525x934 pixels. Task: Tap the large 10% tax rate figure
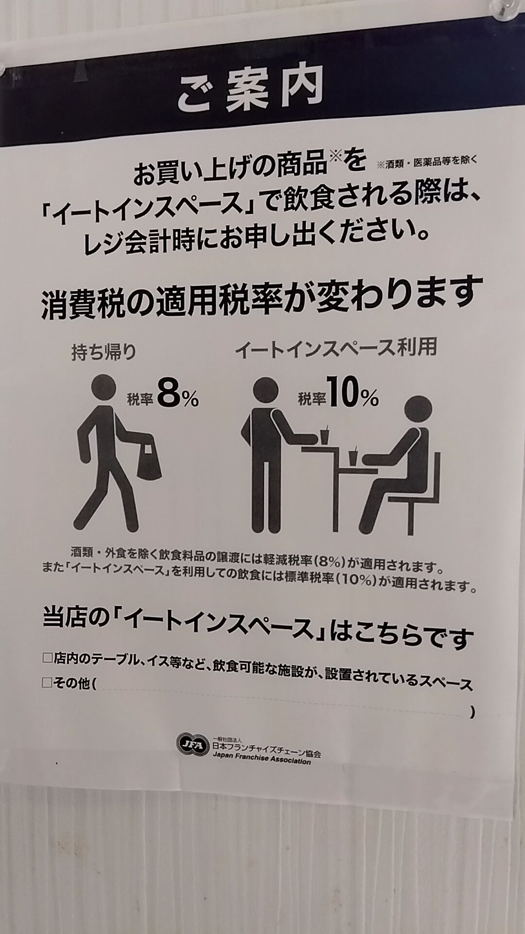(x=353, y=397)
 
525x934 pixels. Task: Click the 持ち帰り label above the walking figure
(x=103, y=352)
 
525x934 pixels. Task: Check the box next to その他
(x=47, y=683)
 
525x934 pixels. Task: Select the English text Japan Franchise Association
(x=261, y=760)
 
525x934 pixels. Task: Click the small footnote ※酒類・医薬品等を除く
(x=426, y=162)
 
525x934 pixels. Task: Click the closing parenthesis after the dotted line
(x=472, y=713)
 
